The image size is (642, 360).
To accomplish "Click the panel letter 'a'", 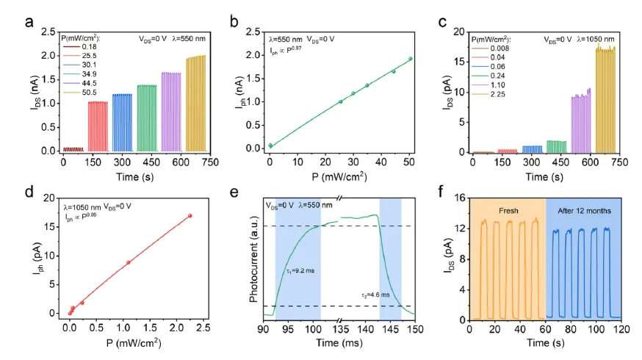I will point(29,21).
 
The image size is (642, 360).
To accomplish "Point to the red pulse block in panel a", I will point(98,125).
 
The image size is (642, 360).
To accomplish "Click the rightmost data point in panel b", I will point(411,59).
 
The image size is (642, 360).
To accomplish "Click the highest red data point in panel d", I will point(190,216).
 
